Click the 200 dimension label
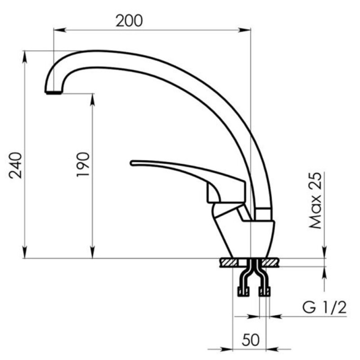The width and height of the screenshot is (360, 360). [129, 21]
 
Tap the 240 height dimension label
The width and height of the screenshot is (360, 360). [16, 165]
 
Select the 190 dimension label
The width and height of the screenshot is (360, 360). [83, 164]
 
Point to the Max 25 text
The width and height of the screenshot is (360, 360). [315, 200]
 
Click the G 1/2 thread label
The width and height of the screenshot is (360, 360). [324, 307]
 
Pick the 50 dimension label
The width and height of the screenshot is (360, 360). [251, 340]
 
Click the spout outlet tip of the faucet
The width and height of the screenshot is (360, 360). [54, 93]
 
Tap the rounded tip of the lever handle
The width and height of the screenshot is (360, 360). [132, 163]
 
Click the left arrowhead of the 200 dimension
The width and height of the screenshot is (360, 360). [60, 30]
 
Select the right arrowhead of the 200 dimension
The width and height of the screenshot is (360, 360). [244, 30]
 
